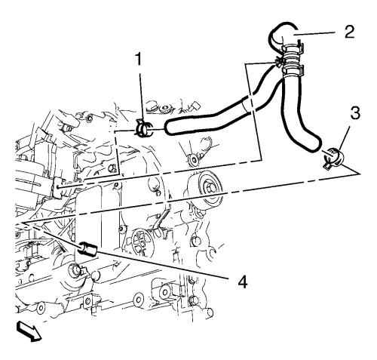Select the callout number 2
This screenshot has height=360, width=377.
(350, 32)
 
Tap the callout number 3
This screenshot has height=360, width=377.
(355, 113)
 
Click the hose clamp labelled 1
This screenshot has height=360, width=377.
(143, 128)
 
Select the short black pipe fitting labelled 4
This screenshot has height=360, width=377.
(88, 250)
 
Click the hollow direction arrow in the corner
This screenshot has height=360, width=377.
(29, 332)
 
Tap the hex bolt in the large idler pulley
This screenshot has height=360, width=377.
(210, 187)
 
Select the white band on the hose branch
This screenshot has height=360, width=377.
(249, 104)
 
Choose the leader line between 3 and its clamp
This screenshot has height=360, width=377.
(344, 139)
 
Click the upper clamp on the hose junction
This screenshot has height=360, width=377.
(292, 48)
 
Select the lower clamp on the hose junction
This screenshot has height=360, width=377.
(293, 70)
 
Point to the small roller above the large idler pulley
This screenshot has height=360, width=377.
(194, 160)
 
